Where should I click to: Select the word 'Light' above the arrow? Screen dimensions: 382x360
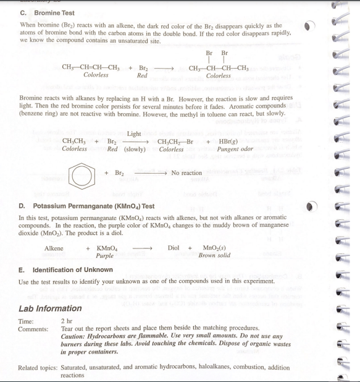[135, 134]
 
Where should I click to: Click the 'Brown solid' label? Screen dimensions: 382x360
[214, 255]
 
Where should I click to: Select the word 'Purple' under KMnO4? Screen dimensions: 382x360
[105, 255]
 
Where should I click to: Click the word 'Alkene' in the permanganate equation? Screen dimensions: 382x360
[54, 248]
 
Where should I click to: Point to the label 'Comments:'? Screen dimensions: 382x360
[33, 329]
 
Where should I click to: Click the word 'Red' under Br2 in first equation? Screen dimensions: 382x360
[142, 75]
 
